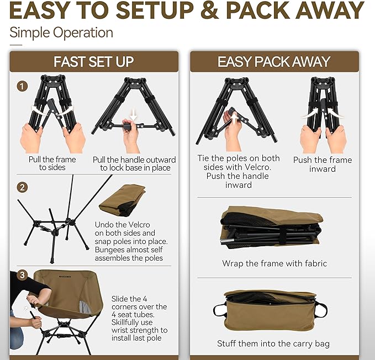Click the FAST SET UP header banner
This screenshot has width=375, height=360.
93,61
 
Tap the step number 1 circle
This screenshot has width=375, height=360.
22,86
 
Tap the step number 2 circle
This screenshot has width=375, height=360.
22,187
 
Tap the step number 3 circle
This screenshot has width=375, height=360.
22,274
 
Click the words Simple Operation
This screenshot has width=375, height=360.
61,32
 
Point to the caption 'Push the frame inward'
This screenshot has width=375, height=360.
323,164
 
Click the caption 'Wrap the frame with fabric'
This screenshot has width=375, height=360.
274,263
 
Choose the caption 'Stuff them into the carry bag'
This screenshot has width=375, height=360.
273,343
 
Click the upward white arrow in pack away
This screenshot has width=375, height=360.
233,118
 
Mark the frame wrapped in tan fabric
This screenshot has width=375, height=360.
271,226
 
